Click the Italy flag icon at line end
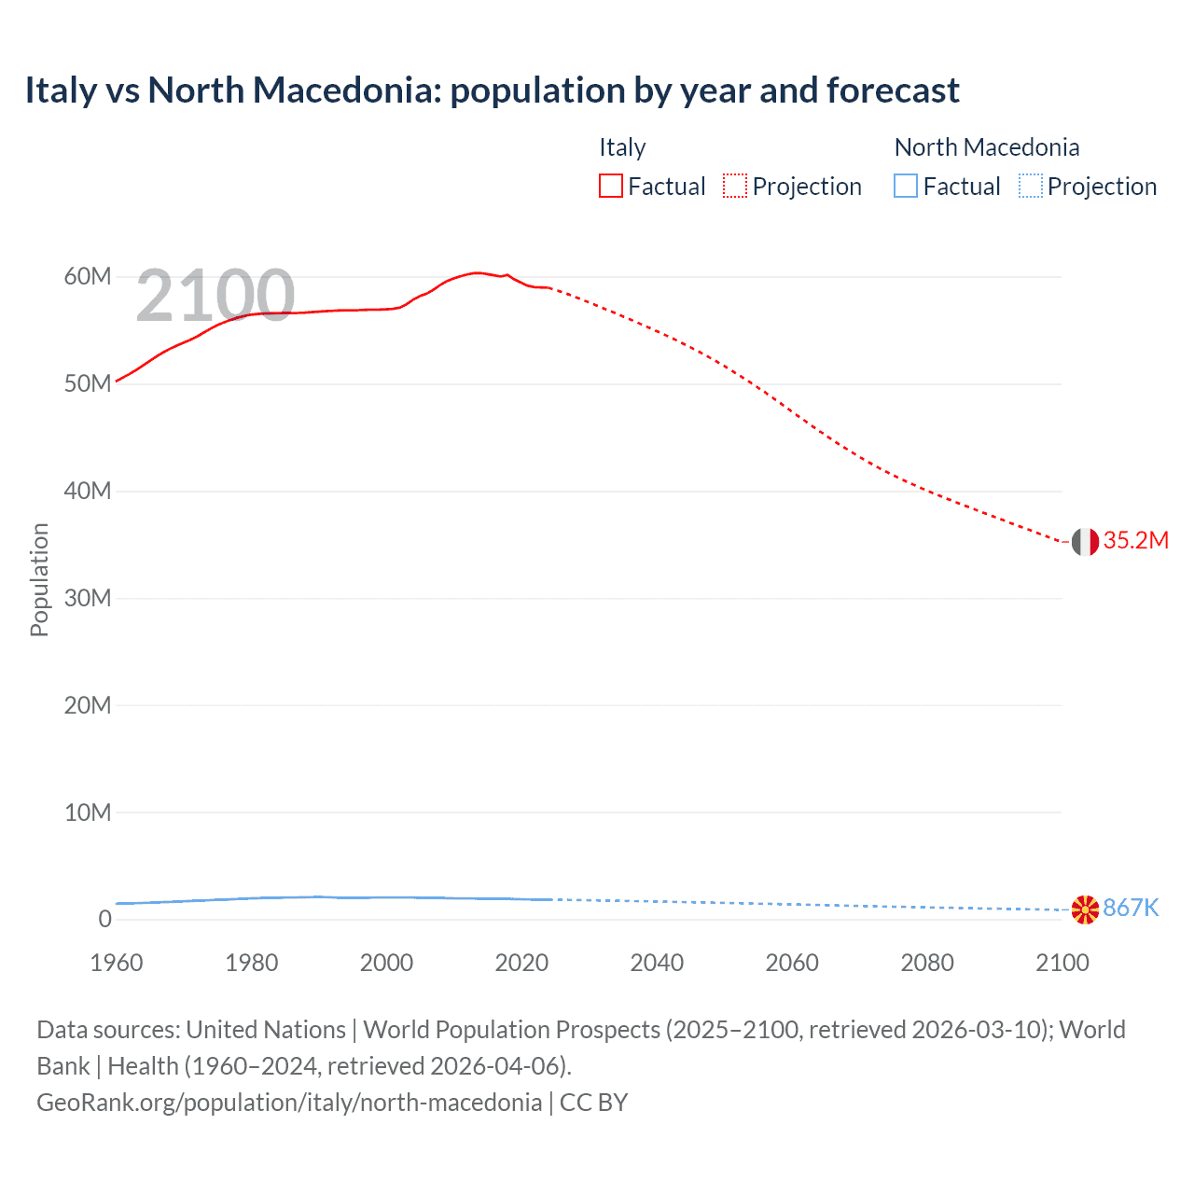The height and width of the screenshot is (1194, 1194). (1085, 541)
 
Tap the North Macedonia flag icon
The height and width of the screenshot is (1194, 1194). (1085, 909)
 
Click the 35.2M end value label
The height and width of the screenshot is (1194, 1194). (1135, 541)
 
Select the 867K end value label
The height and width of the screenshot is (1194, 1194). (1131, 909)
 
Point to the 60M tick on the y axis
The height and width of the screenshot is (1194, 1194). (88, 277)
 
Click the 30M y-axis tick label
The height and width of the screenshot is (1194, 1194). (88, 598)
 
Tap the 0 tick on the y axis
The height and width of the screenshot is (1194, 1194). (104, 919)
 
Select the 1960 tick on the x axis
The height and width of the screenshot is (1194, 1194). (117, 963)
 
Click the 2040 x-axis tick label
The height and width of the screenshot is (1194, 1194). (657, 963)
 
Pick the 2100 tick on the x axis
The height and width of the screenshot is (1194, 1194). (1062, 963)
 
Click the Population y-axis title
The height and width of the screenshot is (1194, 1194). (39, 579)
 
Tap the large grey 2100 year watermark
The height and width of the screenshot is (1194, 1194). (215, 296)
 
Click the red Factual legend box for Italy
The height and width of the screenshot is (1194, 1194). (610, 187)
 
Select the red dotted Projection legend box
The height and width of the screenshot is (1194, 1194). (735, 187)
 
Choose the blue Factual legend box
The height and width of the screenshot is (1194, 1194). (906, 187)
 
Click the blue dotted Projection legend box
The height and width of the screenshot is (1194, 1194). (1031, 187)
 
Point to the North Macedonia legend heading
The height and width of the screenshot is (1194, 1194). (987, 147)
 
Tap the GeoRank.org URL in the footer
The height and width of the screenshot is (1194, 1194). (289, 1103)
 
